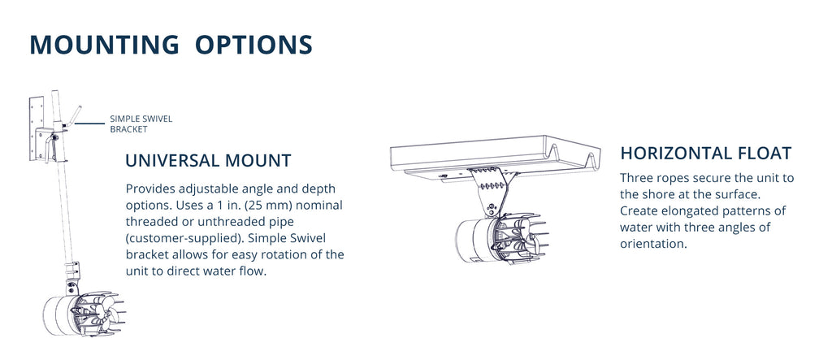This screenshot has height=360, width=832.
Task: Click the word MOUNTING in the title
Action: (104, 44)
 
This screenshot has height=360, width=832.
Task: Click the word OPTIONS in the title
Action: (254, 44)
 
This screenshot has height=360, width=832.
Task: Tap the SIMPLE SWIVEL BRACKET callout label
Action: (141, 124)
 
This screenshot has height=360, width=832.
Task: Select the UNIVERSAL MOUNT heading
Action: (208, 160)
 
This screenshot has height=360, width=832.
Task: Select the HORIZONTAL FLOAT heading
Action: (705, 153)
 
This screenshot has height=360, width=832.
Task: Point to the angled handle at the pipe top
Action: (74, 114)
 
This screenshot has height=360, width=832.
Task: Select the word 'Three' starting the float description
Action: (639, 177)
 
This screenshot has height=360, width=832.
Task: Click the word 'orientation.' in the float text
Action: (653, 244)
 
